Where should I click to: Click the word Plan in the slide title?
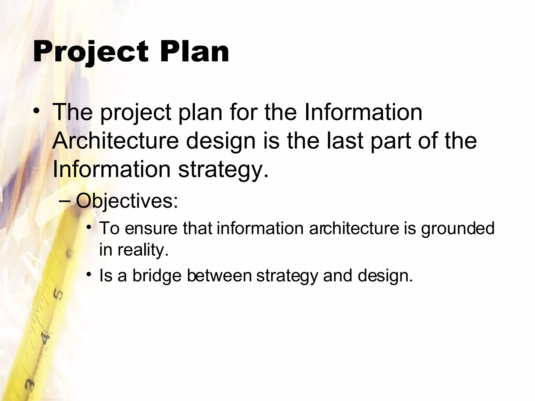pyautogui.click(x=195, y=51)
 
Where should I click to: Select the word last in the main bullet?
pyautogui.click(x=345, y=141)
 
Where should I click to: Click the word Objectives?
pyautogui.click(x=127, y=201)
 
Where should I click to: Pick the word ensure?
pyautogui.click(x=151, y=228)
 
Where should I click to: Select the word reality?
pyautogui.click(x=143, y=250)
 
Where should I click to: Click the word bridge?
pyautogui.click(x=157, y=276)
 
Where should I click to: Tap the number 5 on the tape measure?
pyautogui.click(x=58, y=294)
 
